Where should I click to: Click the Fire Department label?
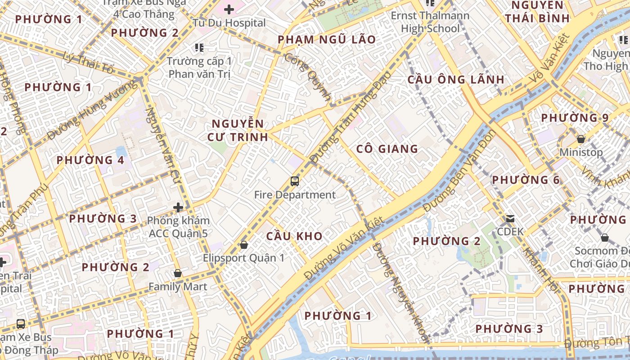click(x=295, y=195)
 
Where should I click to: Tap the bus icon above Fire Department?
click(x=295, y=181)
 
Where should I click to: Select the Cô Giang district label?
click(x=387, y=149)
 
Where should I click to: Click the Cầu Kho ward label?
click(x=294, y=236)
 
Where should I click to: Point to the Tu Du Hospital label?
click(x=229, y=22)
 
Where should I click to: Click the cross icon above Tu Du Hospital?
click(x=229, y=9)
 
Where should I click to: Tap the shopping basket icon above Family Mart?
click(x=178, y=273)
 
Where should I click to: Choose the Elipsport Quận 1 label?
click(x=243, y=258)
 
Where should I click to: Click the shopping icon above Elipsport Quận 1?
click(x=243, y=245)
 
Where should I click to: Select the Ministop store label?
click(x=581, y=152)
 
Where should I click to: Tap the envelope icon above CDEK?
click(x=510, y=219)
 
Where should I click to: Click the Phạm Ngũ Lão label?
click(x=327, y=40)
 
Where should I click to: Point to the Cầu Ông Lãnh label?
click(x=456, y=80)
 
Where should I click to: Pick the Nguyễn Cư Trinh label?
click(x=238, y=130)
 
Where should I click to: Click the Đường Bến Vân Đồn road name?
click(x=459, y=171)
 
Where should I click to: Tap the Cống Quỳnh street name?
click(x=308, y=78)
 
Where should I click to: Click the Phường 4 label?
click(x=90, y=160)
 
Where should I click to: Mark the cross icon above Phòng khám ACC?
click(x=178, y=207)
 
